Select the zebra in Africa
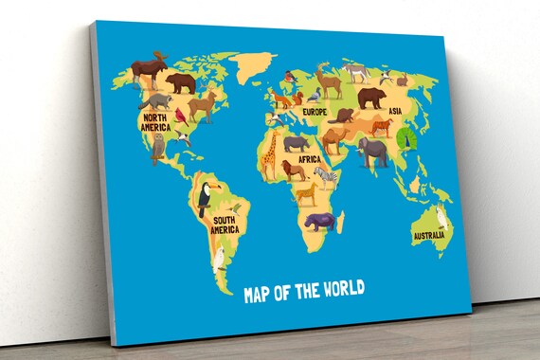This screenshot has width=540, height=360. (x=325, y=175)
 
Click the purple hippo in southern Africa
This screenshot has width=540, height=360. (x=318, y=221)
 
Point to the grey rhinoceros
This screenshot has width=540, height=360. (x=297, y=142)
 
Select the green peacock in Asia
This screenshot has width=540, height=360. (x=408, y=139)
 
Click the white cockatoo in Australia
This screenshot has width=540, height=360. (x=440, y=217)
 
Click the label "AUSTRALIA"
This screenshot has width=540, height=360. (x=430, y=235)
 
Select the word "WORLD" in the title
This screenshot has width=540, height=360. (x=336, y=291)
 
